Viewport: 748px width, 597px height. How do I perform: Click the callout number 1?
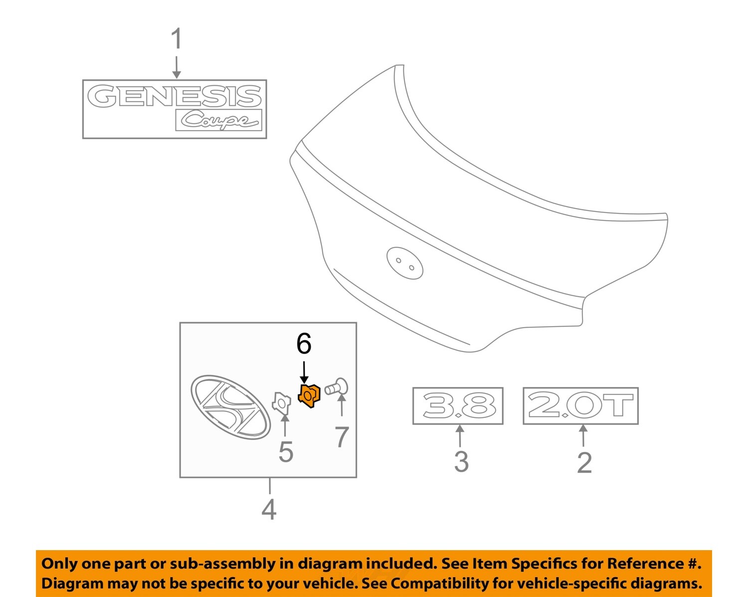pos(176,39)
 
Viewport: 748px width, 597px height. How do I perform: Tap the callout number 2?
pos(584,462)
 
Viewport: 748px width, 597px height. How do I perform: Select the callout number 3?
pos(461,461)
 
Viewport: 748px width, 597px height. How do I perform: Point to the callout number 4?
pos(269,509)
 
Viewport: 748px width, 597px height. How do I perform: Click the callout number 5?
pos(285,452)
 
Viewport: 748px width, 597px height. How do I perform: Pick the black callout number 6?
pos(304,344)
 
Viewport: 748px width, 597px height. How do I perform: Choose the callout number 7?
pos(342,437)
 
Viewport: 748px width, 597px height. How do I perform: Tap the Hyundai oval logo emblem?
pos(230,407)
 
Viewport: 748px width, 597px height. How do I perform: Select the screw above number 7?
pos(337,387)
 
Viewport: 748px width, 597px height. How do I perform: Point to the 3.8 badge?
pos(458,406)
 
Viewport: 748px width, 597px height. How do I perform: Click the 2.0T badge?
pos(580,405)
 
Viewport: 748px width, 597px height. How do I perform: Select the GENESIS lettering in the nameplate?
pos(175,96)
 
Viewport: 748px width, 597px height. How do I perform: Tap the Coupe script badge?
pos(219,120)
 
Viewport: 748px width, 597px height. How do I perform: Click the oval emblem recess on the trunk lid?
pos(404,263)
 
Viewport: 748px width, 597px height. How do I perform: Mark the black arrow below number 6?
pos(304,372)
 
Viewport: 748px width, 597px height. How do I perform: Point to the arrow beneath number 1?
pos(176,67)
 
